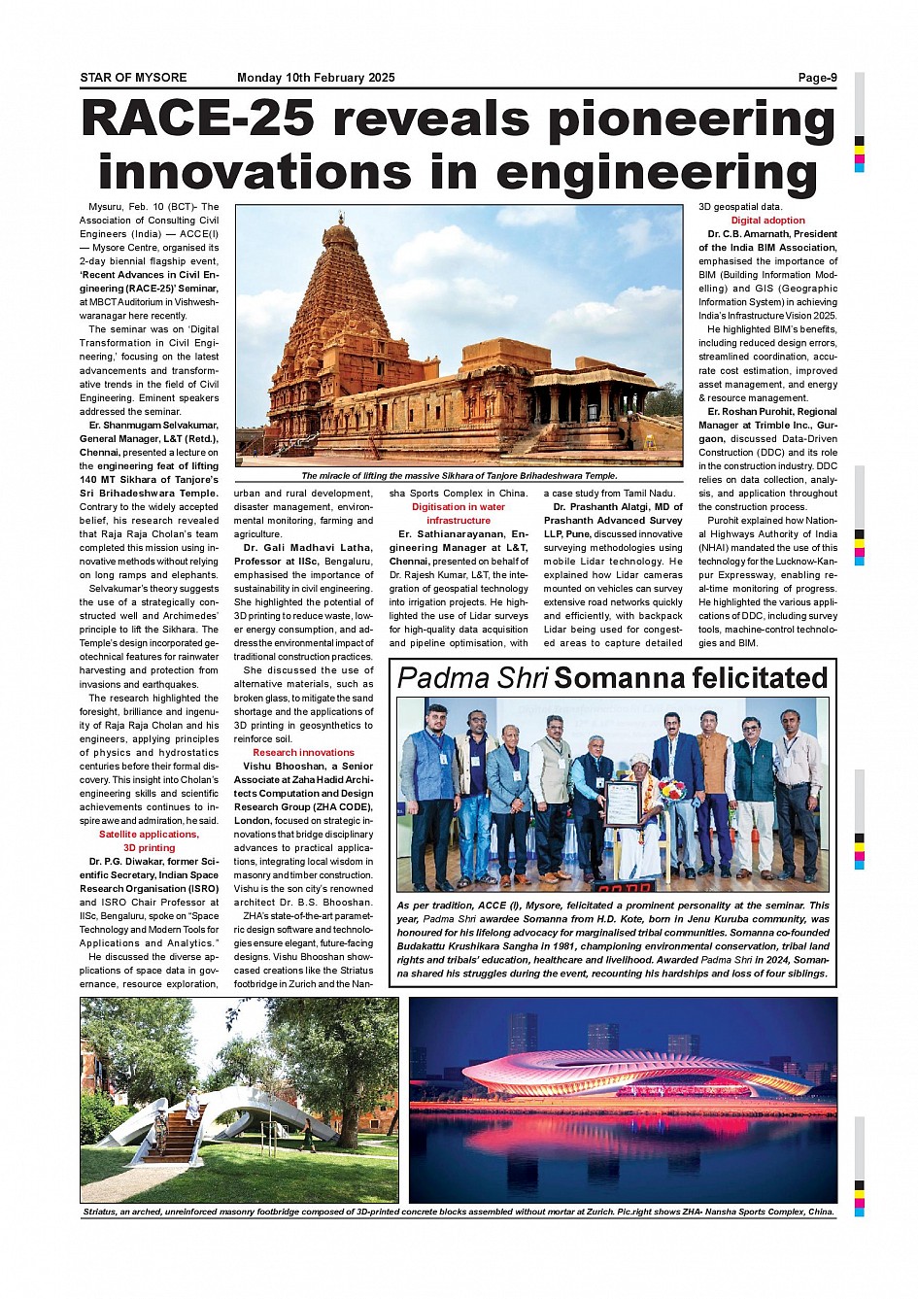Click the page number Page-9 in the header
[x=816, y=78]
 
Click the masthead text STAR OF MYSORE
[x=133, y=78]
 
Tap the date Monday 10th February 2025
[x=316, y=78]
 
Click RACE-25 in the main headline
[x=198, y=120]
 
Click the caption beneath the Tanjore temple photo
[x=459, y=476]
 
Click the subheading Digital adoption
[x=767, y=221]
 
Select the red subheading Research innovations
[x=303, y=752]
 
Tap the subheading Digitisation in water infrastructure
[x=459, y=513]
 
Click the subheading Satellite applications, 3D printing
[x=149, y=840]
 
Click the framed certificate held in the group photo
[x=623, y=803]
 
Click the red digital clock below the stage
[x=624, y=886]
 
